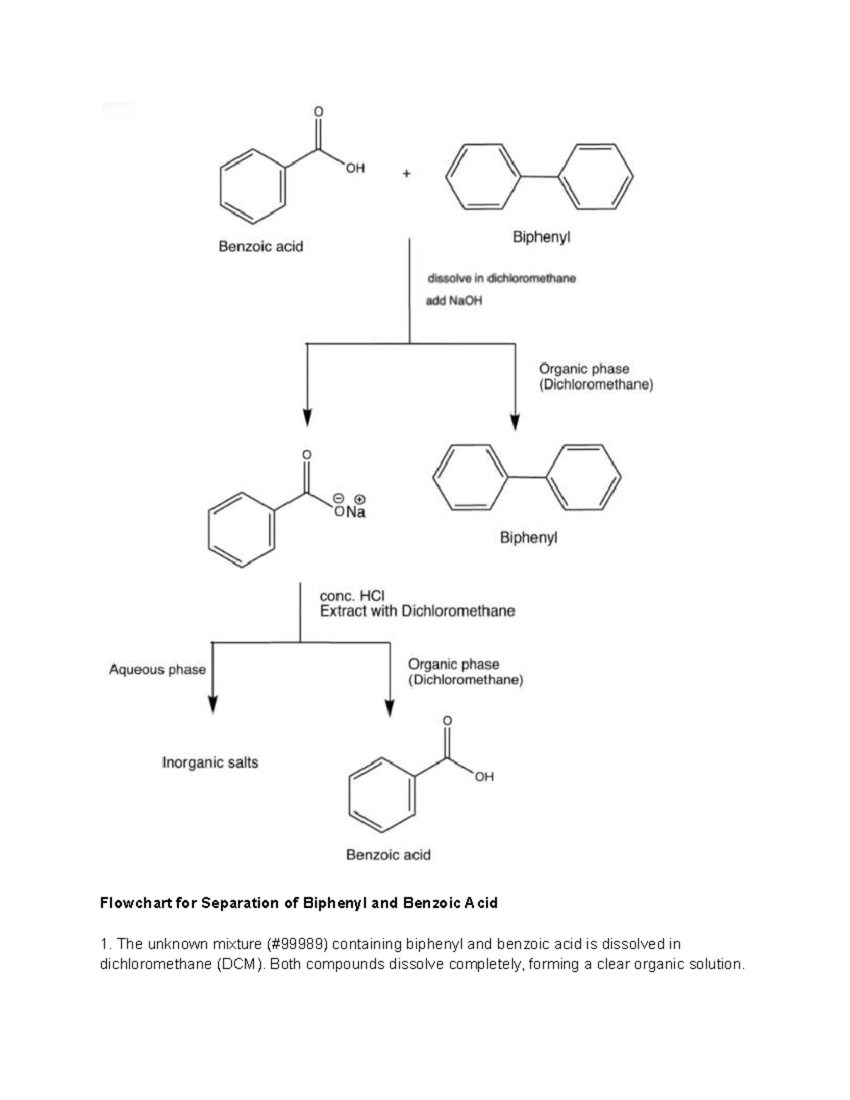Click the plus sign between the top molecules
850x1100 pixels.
406,173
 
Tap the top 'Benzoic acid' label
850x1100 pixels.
261,246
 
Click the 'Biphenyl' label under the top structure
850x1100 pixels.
541,237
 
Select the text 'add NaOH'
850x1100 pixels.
453,301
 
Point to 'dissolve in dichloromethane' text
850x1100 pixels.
501,278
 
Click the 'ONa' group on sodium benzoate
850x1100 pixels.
350,511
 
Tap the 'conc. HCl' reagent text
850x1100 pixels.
352,596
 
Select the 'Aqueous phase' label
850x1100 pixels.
157,669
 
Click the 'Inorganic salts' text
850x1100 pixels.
210,763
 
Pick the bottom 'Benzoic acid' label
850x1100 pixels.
388,855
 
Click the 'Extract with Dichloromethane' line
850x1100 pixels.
417,611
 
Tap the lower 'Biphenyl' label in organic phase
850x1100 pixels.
528,538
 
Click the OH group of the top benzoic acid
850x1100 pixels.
355,168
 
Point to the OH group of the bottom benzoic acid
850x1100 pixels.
484,777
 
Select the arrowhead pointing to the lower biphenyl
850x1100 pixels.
515,421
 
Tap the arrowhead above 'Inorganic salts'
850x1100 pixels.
212,704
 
